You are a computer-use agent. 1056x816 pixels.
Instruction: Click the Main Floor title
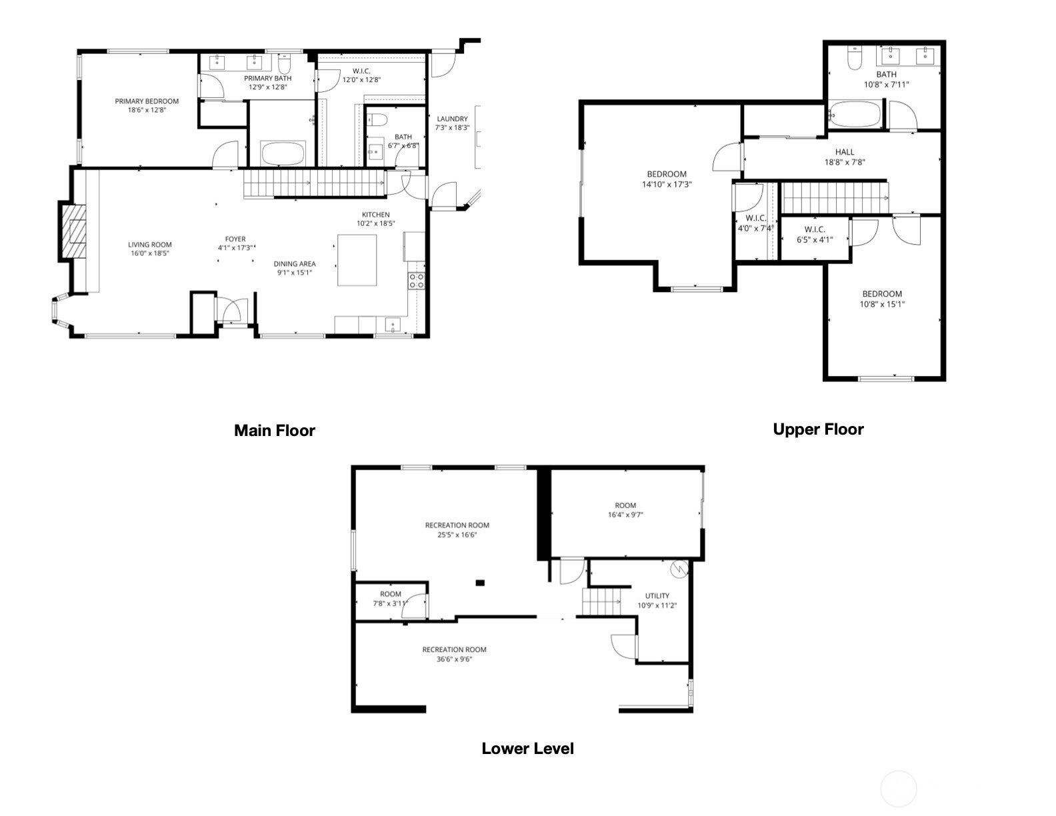(x=274, y=431)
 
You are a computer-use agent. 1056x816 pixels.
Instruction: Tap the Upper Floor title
(x=818, y=429)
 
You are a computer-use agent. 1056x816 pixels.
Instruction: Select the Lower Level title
(x=527, y=749)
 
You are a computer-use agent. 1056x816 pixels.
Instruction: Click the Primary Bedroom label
(x=147, y=101)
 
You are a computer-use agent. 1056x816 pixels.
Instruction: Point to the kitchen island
(x=357, y=259)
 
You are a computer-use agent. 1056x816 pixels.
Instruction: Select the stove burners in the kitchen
(x=417, y=281)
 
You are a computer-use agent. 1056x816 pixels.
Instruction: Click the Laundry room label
(x=452, y=119)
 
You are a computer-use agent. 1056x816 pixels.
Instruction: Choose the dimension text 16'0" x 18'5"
(x=149, y=253)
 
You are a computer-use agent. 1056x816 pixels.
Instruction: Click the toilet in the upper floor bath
(x=854, y=59)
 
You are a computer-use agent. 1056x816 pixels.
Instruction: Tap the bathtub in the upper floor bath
(x=855, y=114)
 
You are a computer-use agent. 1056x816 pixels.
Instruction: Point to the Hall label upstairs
(x=845, y=152)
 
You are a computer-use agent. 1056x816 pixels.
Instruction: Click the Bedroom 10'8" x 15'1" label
(x=882, y=294)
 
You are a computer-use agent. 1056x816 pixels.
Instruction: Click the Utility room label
(x=657, y=596)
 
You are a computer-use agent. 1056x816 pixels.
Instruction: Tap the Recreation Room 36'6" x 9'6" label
(x=454, y=650)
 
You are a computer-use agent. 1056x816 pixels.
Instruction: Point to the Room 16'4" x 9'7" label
(x=625, y=505)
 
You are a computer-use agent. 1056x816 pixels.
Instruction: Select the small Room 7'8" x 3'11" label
(x=391, y=594)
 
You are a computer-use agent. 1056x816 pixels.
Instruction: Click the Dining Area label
(x=295, y=264)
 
